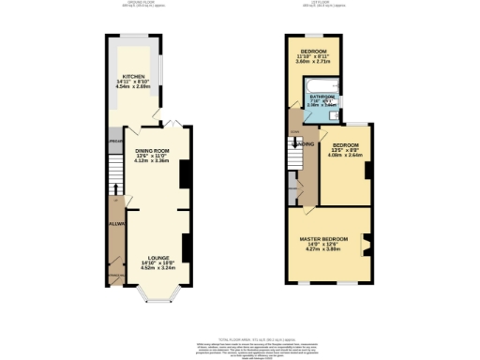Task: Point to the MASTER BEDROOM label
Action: [x=325, y=239]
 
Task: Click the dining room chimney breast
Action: [x=183, y=172]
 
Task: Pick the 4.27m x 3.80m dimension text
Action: [x=324, y=250]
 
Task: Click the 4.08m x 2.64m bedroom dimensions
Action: [x=347, y=156]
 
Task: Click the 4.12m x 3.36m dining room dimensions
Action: [x=152, y=161]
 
